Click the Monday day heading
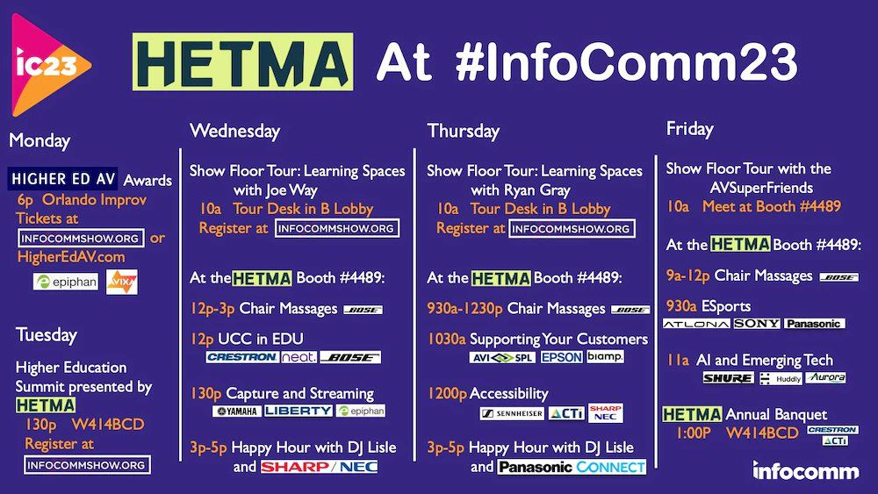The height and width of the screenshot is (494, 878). [x=40, y=140]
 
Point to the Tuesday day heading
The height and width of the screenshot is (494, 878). [x=46, y=334]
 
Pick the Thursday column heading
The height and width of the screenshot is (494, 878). [x=463, y=131]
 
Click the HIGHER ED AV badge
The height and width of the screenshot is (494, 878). [x=63, y=179]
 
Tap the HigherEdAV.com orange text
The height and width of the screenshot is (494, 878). [x=71, y=257]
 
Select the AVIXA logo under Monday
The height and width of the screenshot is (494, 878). [x=121, y=283]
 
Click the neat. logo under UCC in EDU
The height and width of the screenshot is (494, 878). [x=298, y=357]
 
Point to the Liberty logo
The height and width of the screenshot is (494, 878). [x=298, y=411]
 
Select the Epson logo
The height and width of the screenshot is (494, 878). [x=561, y=357]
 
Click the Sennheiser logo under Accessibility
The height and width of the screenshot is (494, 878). [x=511, y=413]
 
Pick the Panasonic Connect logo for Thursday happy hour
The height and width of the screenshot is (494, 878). [x=572, y=467]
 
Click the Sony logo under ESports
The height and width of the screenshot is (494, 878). [x=756, y=324]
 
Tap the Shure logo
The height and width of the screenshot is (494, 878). [x=728, y=378]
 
